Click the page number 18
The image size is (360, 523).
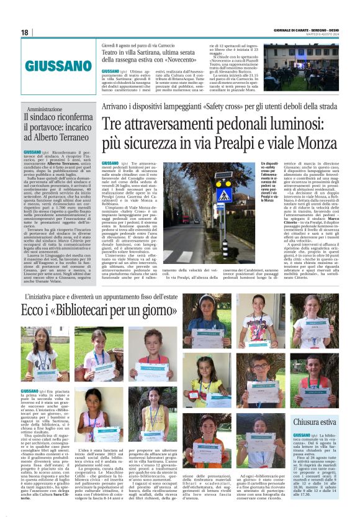point(25,32)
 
